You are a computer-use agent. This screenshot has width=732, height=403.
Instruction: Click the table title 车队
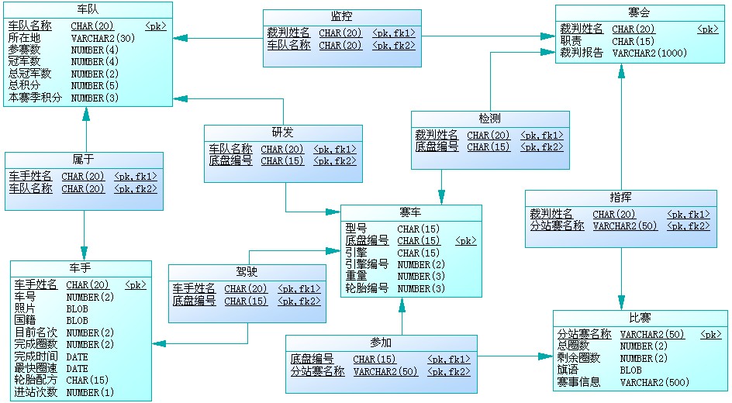(x=87, y=11)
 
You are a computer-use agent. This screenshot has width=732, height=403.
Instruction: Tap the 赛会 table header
(x=640, y=12)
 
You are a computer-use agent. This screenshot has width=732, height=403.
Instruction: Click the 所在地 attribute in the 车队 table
(x=24, y=37)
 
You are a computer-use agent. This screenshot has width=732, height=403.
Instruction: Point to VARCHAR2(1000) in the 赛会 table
(x=650, y=53)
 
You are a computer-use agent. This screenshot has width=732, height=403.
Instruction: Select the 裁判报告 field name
(x=582, y=53)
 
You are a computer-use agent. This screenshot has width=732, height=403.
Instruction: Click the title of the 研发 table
(x=282, y=133)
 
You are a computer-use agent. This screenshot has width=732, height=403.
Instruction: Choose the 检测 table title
(x=489, y=119)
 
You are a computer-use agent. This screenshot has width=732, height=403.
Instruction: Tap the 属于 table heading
(x=84, y=160)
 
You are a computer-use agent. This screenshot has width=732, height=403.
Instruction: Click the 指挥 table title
(x=620, y=198)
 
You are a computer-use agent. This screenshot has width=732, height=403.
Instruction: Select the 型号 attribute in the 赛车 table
(x=356, y=229)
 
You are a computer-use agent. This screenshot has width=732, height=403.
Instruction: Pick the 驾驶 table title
(x=247, y=272)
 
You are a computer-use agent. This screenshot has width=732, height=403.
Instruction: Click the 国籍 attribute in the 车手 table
(x=25, y=321)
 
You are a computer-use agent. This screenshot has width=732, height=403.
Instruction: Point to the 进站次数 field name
(x=36, y=392)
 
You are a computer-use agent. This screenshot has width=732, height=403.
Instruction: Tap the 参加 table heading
(x=381, y=343)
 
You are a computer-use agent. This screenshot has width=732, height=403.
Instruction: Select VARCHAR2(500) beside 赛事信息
(x=654, y=382)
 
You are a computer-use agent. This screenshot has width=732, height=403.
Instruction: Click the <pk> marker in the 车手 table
(x=136, y=285)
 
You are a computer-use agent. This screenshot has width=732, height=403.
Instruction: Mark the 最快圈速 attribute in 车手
(x=36, y=368)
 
